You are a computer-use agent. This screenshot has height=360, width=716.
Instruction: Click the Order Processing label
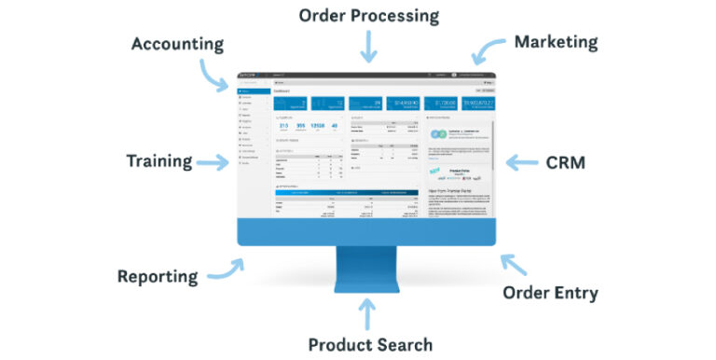(368, 16)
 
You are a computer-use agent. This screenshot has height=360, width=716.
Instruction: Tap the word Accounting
(177, 44)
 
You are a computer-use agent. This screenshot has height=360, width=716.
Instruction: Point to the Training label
(158, 161)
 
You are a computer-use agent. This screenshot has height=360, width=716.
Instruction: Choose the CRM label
(565, 162)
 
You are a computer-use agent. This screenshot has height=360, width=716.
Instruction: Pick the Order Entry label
(550, 293)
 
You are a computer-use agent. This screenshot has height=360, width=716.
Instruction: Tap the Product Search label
(370, 344)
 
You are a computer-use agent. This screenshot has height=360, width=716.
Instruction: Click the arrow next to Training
(213, 162)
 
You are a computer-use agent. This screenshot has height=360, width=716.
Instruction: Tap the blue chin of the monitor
(368, 233)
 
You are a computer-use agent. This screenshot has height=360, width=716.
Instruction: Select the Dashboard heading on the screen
(282, 91)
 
